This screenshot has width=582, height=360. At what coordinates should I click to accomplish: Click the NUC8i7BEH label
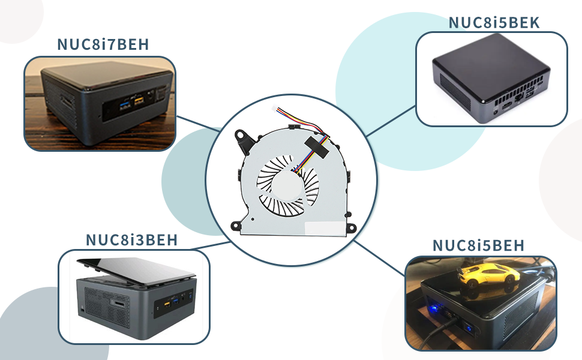pyautogui.click(x=103, y=44)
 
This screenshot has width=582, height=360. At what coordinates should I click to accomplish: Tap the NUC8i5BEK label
pyautogui.click(x=494, y=23)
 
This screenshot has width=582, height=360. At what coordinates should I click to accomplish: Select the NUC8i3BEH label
pyautogui.click(x=132, y=240)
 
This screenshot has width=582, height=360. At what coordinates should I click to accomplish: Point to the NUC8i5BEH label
pyautogui.click(x=478, y=245)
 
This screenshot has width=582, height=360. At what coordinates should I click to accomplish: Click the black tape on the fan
pyautogui.click(x=316, y=145)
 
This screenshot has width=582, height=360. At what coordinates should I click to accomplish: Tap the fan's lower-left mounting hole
pyautogui.click(x=235, y=226)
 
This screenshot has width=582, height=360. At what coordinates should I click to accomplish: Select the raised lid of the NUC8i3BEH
pyautogui.click(x=136, y=272)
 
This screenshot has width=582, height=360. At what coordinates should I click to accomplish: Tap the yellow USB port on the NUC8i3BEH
pyautogui.click(x=167, y=304)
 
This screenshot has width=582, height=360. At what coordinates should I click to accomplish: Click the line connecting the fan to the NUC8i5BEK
pyautogui.click(x=391, y=121)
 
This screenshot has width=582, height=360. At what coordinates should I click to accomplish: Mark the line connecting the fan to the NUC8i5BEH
pyautogui.click(x=379, y=258)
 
